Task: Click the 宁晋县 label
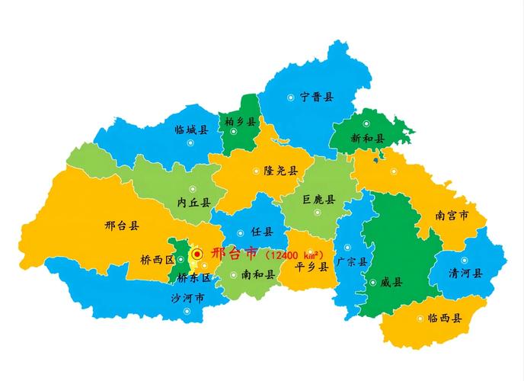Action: pyautogui.click(x=317, y=97)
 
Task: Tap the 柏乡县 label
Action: pyautogui.click(x=242, y=122)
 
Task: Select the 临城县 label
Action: pyautogui.click(x=191, y=130)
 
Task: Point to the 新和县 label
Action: pyautogui.click(x=368, y=139)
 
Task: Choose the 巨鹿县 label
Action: pyautogui.click(x=319, y=200)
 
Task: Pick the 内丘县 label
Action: pyautogui.click(x=193, y=203)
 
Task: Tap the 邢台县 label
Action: pyautogui.click(x=122, y=226)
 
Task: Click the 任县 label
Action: pyautogui.click(x=261, y=232)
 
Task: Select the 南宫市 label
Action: pyautogui.click(x=452, y=216)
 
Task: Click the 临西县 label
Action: pyautogui.click(x=444, y=318)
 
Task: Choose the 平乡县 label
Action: pyautogui.click(x=312, y=267)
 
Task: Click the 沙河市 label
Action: pyautogui.click(x=187, y=298)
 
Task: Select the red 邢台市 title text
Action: pyautogui.click(x=234, y=253)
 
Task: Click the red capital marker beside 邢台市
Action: pyautogui.click(x=197, y=254)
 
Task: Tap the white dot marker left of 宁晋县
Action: pyautogui.click(x=291, y=98)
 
